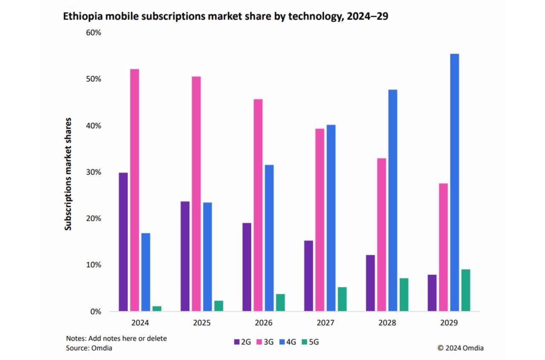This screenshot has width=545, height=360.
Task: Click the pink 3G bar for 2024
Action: (135, 190)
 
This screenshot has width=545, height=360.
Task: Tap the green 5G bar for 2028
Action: (404, 295)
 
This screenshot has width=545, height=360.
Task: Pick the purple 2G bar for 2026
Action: (247, 267)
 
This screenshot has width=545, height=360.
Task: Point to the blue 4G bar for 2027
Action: (331, 218)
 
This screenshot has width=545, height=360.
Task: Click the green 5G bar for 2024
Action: (157, 308)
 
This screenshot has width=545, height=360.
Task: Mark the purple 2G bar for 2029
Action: (432, 293)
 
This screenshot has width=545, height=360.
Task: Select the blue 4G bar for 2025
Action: (207, 256)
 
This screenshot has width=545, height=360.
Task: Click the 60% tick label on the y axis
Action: (93, 33)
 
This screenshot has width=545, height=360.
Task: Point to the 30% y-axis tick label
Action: (93, 172)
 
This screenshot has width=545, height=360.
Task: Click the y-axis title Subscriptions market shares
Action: (68, 173)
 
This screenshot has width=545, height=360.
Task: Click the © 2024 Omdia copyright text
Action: (460, 348)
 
